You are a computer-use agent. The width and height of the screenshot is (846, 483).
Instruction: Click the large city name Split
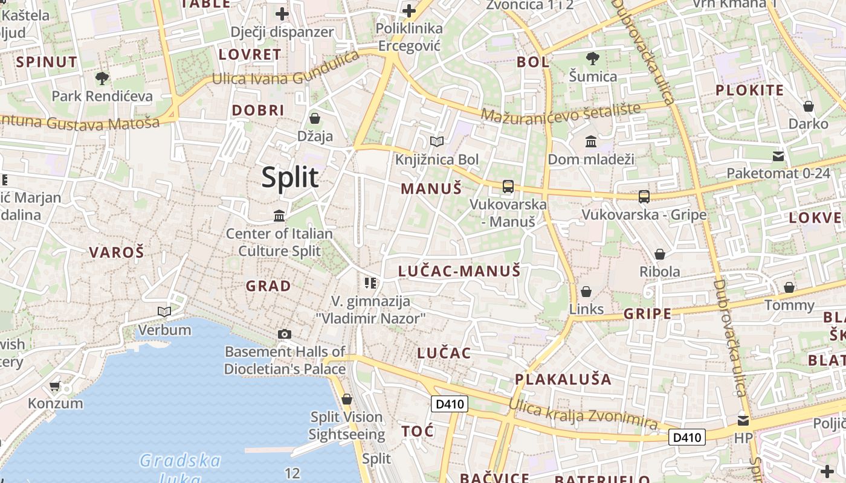(x=290, y=178)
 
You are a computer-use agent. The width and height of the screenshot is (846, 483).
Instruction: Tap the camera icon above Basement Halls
(x=285, y=334)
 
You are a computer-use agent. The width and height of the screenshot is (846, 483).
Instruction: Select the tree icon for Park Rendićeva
(x=102, y=78)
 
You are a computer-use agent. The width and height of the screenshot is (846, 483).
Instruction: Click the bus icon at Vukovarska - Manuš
(x=508, y=187)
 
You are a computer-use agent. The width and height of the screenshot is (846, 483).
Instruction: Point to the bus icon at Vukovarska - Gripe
(x=644, y=196)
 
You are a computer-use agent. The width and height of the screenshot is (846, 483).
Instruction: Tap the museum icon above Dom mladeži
(x=591, y=142)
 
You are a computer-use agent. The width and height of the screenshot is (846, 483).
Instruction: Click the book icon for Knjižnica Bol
(x=437, y=142)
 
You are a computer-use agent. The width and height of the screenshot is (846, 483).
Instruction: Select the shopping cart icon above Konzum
(x=55, y=386)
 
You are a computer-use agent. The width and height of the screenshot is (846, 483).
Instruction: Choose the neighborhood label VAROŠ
(x=117, y=252)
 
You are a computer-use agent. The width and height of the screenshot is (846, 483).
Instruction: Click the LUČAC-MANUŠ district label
(x=459, y=271)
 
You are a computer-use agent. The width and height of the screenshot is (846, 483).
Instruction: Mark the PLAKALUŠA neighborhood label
(x=563, y=379)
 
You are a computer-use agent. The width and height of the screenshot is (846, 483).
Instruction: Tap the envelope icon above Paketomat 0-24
(x=778, y=156)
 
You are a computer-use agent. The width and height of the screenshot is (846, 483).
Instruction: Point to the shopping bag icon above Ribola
(x=660, y=254)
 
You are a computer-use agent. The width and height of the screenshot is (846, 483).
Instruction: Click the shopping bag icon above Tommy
(x=789, y=287)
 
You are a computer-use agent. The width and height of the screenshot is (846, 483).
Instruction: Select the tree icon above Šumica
(x=593, y=59)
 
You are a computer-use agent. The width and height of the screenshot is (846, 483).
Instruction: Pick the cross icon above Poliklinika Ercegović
(x=409, y=11)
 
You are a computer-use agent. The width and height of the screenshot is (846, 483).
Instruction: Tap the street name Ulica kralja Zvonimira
(x=583, y=414)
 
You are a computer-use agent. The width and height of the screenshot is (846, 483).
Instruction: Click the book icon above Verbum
(x=164, y=312)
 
